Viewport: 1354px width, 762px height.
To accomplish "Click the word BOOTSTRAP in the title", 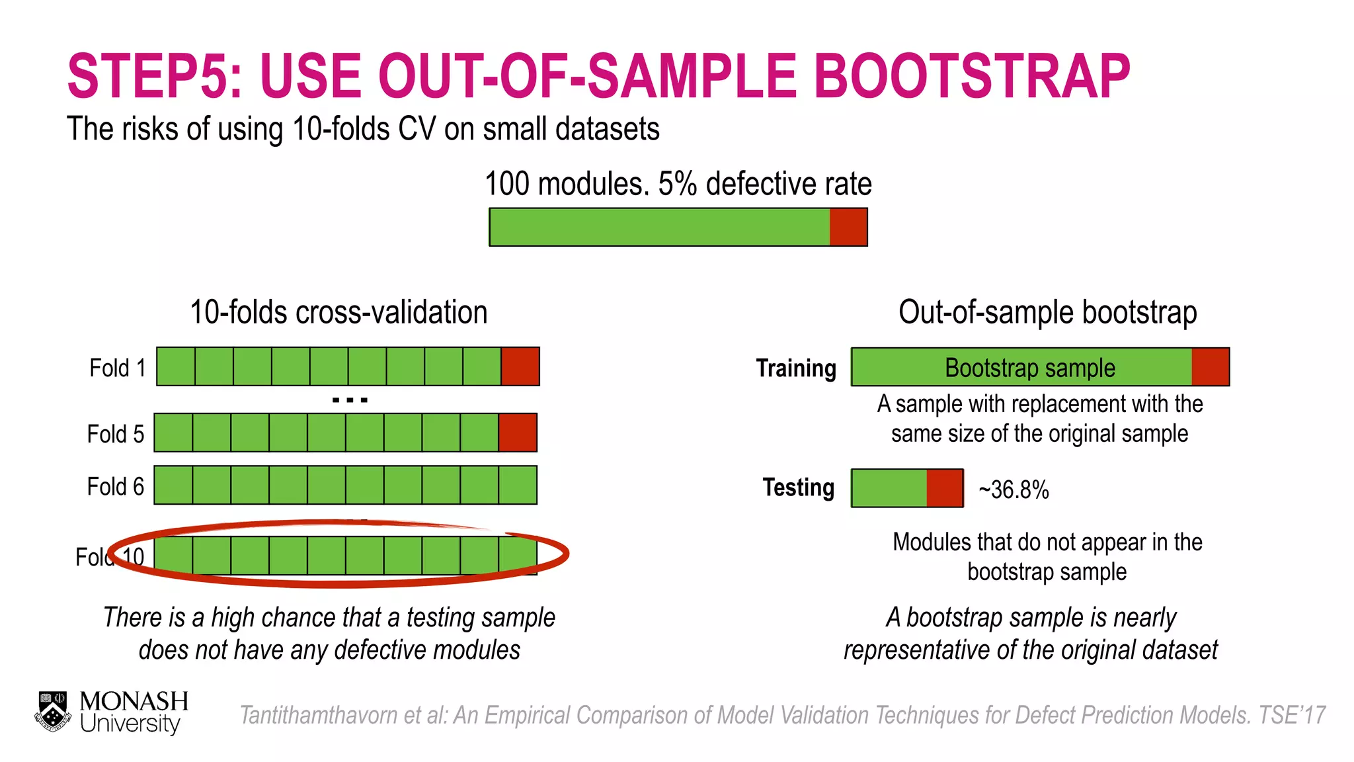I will click(972, 77).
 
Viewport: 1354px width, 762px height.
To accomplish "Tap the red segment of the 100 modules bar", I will click(848, 228).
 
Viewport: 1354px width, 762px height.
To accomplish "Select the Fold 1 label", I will click(117, 368).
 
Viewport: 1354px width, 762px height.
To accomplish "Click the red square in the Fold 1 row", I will click(520, 366).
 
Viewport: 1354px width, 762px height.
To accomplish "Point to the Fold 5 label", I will click(115, 434).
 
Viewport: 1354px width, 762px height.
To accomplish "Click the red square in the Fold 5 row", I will click(518, 433).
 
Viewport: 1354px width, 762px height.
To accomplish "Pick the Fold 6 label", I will click(115, 486).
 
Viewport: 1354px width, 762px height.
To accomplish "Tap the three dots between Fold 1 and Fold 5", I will click(350, 400).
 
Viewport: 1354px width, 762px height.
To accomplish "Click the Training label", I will click(796, 368).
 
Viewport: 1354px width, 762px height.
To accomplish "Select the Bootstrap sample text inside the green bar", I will click(1029, 368).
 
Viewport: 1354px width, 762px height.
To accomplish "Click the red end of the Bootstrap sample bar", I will click(1211, 367).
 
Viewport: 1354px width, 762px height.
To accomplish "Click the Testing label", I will click(798, 487).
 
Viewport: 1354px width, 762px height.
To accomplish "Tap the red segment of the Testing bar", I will click(945, 488).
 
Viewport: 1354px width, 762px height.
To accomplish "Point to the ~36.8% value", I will click(1014, 490).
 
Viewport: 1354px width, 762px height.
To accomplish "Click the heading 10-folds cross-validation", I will click(338, 312).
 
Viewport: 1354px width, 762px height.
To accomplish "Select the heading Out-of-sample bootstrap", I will click(1047, 312).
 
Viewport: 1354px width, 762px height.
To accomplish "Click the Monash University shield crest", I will click(53, 712).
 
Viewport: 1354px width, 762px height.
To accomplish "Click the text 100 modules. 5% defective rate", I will click(678, 184).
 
